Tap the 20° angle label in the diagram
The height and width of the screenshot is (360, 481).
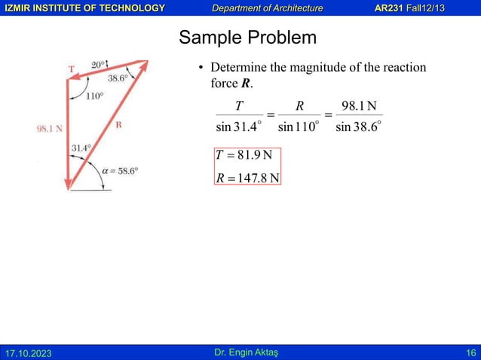(x=99, y=65)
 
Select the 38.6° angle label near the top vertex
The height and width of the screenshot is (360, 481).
(x=118, y=78)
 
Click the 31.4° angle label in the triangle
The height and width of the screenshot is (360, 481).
(x=81, y=148)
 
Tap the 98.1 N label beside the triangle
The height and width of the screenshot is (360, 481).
(x=50, y=129)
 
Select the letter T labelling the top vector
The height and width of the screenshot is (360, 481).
(x=72, y=69)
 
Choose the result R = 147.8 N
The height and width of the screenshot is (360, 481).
(x=247, y=178)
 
